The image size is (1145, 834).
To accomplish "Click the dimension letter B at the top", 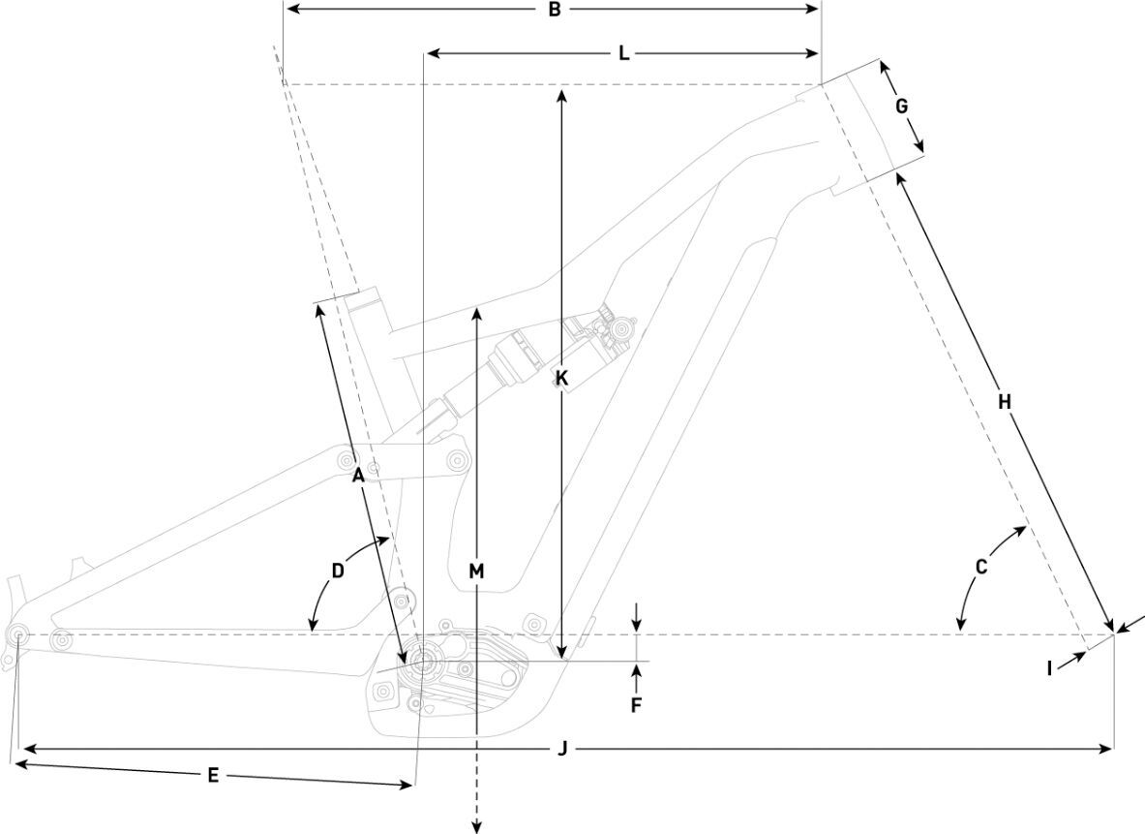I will point(555,10).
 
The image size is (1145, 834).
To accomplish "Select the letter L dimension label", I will point(624,53).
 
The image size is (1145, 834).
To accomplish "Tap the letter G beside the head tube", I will point(901,107).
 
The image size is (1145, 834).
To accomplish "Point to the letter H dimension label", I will point(1004,400).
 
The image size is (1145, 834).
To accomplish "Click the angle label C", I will point(980,568).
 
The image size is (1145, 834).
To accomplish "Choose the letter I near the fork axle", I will point(1049,667).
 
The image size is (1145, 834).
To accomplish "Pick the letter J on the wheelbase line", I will point(562,748).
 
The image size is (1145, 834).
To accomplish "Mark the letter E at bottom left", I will point(213,775).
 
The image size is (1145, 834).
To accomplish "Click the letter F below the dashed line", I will point(636,705).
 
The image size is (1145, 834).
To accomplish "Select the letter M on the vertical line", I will point(475,571).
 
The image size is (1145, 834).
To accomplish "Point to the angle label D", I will point(338,571).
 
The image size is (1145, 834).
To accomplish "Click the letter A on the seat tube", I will point(357,475).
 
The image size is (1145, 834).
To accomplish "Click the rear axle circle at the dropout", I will point(18,634).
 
